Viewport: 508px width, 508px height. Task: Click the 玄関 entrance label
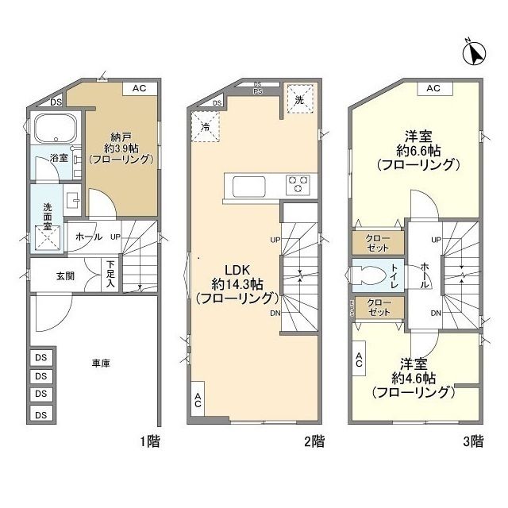coord(65,275)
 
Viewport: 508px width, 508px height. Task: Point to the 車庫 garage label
coord(101,364)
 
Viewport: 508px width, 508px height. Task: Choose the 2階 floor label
coord(314,441)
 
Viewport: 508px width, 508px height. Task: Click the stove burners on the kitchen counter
coord(298,184)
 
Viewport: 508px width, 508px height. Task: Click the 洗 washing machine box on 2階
coord(298,101)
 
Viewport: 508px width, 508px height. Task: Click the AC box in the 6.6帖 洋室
coord(433,88)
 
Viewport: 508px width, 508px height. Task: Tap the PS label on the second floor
coord(258,90)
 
